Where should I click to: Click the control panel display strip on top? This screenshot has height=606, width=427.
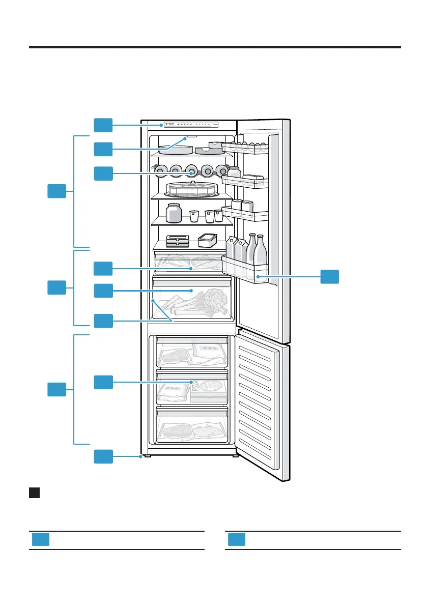coord(188,124)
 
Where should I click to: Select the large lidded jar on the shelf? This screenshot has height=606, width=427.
coord(174,213)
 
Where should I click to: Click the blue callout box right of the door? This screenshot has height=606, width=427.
coord(330,277)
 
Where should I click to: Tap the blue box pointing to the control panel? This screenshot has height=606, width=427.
coord(103,124)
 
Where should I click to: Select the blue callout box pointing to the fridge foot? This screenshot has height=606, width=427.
coord(103,456)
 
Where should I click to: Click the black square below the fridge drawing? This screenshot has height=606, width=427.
coord(35,493)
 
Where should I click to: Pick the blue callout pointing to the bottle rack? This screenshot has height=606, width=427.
coord(103,173)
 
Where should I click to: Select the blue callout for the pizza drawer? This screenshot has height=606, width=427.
coord(103,382)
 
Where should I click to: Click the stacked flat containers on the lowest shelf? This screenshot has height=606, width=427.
coord(178,241)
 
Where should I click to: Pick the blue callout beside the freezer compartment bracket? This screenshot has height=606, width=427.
coord(56,390)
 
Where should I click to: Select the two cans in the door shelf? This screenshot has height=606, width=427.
coord(242,206)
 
